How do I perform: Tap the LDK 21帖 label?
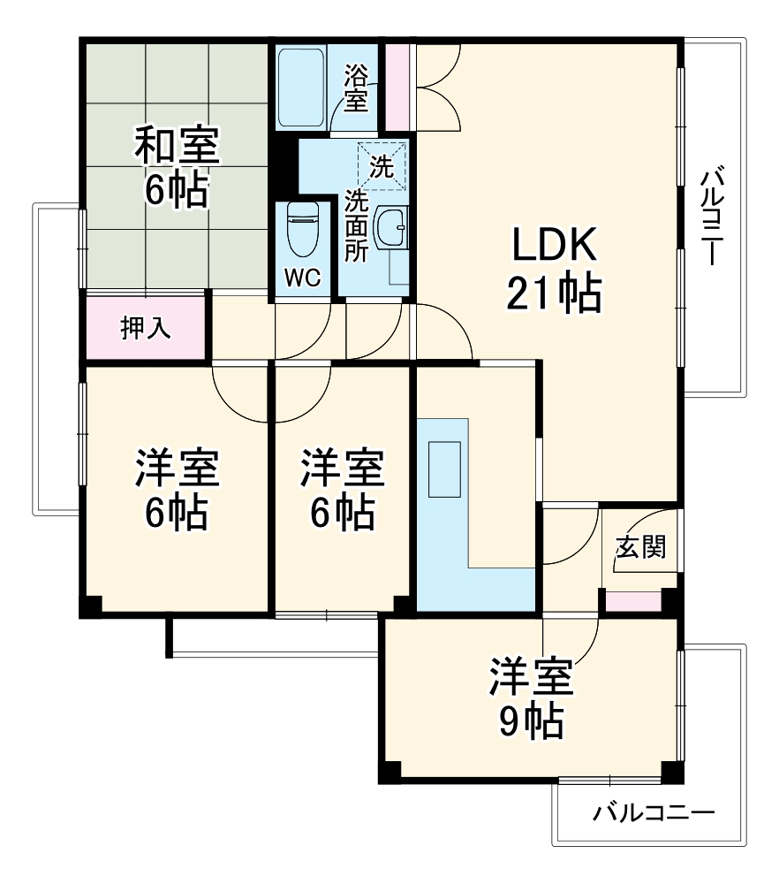[554, 270]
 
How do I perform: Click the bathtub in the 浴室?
[301, 88]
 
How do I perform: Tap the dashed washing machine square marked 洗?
[382, 165]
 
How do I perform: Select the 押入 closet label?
[146, 329]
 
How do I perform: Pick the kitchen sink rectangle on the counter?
[443, 469]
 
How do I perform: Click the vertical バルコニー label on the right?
[713, 217]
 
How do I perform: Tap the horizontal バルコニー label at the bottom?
[653, 812]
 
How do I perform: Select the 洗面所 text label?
[356, 226]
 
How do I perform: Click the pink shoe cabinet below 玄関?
[632, 602]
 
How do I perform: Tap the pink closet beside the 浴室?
[398, 84]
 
